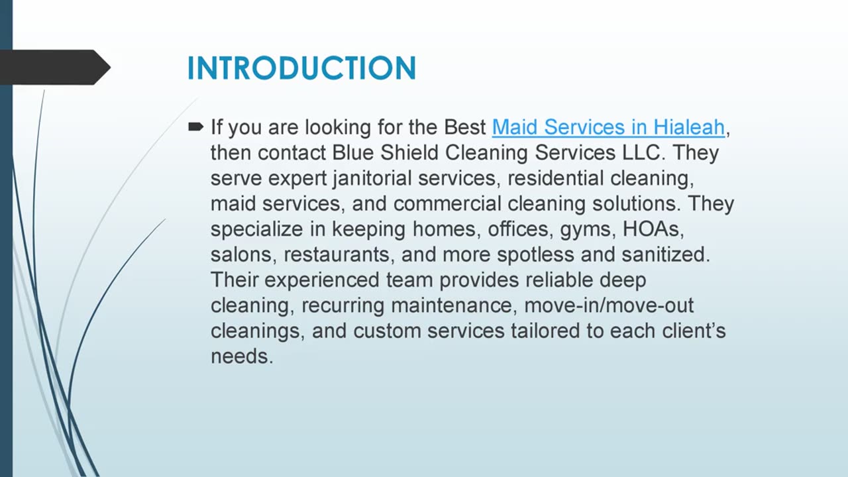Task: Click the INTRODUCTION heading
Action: click(301, 68)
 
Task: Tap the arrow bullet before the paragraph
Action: click(196, 127)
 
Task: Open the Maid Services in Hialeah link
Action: click(608, 127)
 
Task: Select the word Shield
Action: click(409, 153)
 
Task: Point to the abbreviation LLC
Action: click(646, 153)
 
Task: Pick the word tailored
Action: click(552, 331)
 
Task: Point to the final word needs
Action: click(241, 357)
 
